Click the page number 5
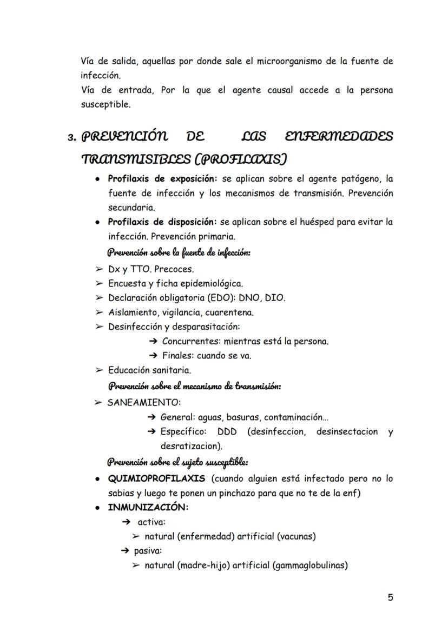(x=390, y=597)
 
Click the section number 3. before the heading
(x=71, y=137)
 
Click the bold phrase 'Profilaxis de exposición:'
(x=162, y=178)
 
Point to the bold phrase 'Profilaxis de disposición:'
(x=162, y=222)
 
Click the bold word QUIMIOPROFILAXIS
(x=156, y=478)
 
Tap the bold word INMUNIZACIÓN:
(x=148, y=507)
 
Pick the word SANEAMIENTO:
(x=144, y=403)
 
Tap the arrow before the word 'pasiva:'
(x=125, y=551)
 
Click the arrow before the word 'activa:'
(x=127, y=522)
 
